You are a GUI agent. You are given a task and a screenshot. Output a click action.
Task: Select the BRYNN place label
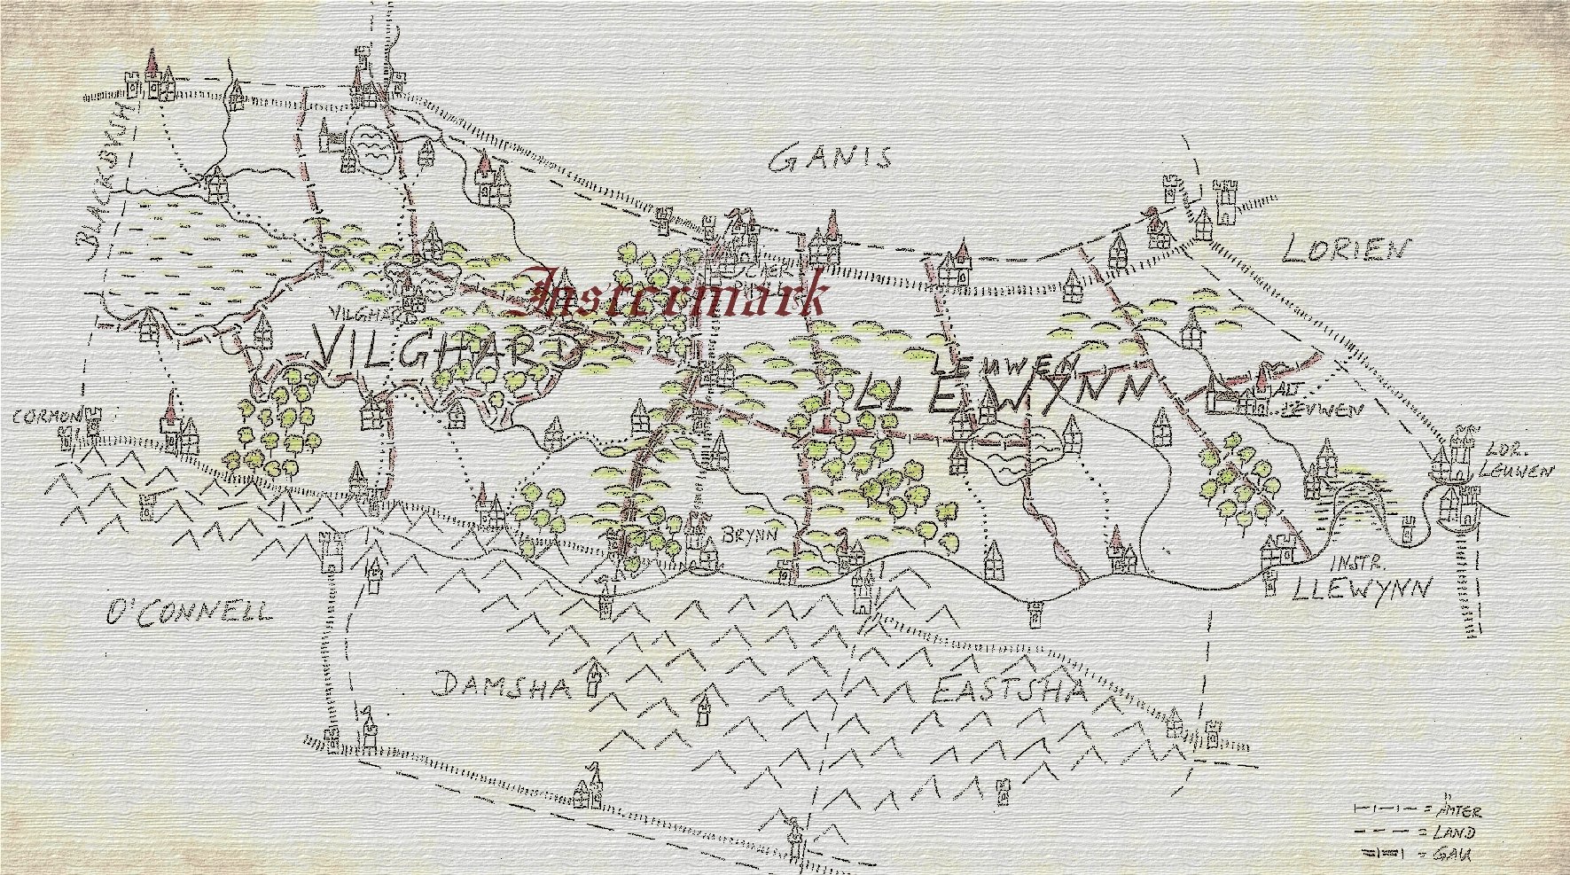tap(749, 535)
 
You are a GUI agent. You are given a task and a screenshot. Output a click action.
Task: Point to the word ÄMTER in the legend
tap(1459, 810)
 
